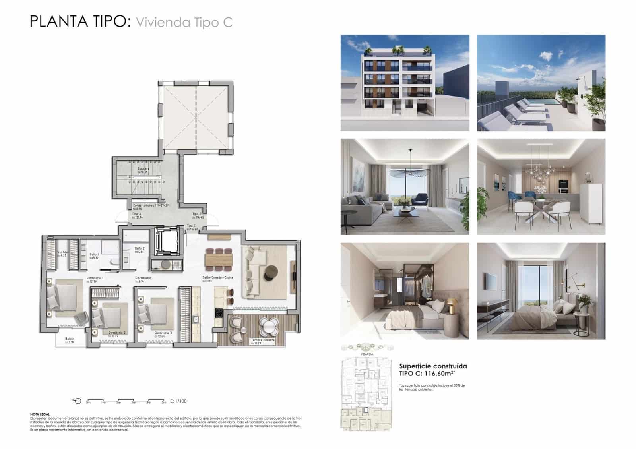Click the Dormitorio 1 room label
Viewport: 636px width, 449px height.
point(95,278)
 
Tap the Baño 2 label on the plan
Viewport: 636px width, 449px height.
point(139,248)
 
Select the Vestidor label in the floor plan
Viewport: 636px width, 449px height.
point(63,252)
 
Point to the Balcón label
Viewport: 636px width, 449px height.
point(70,339)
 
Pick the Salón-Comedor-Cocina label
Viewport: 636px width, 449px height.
point(217,277)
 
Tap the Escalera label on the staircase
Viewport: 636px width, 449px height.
point(143,169)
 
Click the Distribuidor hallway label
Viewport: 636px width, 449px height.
point(143,278)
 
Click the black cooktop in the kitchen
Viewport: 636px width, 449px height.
point(218,313)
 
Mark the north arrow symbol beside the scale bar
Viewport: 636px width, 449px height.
point(78,401)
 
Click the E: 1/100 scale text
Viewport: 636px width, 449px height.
point(178,401)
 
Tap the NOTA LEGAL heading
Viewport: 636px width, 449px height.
point(40,414)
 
